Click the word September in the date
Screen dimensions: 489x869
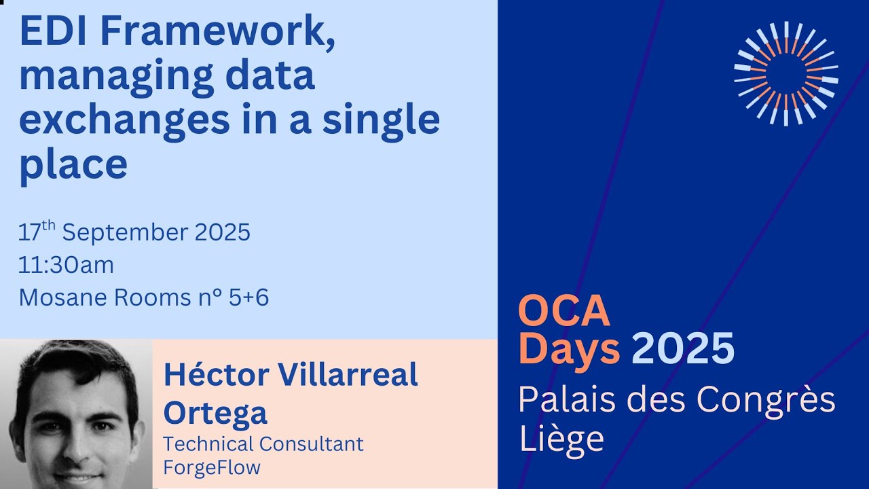(x=125, y=233)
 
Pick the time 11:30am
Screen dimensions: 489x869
(x=66, y=265)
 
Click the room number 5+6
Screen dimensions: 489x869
(x=249, y=297)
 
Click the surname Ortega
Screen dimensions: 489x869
(x=215, y=413)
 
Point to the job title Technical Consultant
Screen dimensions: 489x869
(x=263, y=444)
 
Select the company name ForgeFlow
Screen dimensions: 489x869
(x=212, y=468)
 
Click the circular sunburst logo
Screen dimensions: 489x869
(x=785, y=73)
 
